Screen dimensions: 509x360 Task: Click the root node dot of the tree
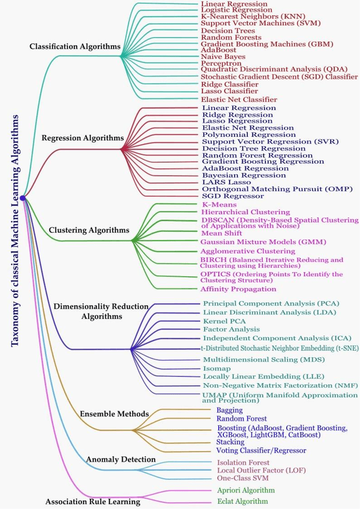click(22, 198)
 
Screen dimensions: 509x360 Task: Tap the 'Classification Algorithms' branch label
click(75, 47)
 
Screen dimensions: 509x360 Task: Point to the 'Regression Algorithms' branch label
click(83, 137)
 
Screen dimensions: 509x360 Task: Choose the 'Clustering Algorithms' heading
click(89, 229)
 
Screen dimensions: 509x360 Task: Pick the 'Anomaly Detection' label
click(120, 460)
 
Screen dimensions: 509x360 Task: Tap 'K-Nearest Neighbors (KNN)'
click(247, 17)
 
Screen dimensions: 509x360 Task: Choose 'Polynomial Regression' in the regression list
click(249, 134)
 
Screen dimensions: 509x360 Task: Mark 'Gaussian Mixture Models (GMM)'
click(256, 241)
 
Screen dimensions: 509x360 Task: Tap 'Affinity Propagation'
click(238, 289)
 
